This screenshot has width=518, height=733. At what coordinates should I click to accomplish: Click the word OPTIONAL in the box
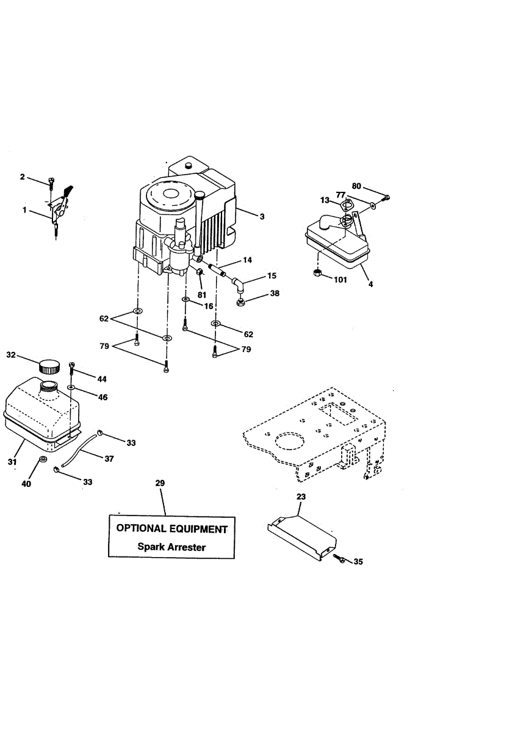141,528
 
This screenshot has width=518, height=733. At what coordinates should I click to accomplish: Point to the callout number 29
160,483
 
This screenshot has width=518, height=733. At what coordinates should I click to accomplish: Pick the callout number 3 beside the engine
262,217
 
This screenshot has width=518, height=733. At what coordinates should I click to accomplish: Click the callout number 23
301,497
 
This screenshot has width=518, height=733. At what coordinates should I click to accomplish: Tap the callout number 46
103,397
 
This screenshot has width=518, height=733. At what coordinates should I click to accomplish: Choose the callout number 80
357,186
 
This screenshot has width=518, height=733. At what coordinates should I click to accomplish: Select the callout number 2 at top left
23,177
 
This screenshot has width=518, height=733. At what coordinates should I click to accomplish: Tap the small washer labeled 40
43,459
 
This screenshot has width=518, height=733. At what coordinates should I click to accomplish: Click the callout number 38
275,293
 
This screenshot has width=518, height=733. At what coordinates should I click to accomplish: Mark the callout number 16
208,306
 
